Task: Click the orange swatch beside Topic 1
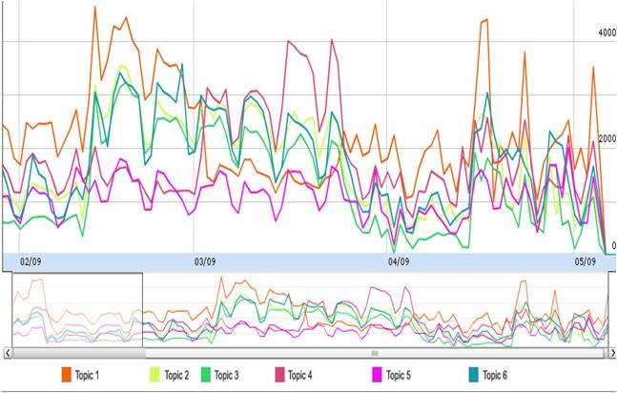tap(68, 375)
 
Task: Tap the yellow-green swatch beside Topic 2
tap(154, 375)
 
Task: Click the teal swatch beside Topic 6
tap(473, 375)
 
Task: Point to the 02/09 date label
tap(31, 260)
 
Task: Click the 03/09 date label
tap(205, 260)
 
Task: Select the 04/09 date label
tap(399, 260)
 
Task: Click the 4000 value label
tap(607, 32)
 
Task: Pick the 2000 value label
tap(607, 139)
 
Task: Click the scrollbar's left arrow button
tap(7, 353)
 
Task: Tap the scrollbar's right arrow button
tap(608, 353)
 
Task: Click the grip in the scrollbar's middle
tap(375, 353)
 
